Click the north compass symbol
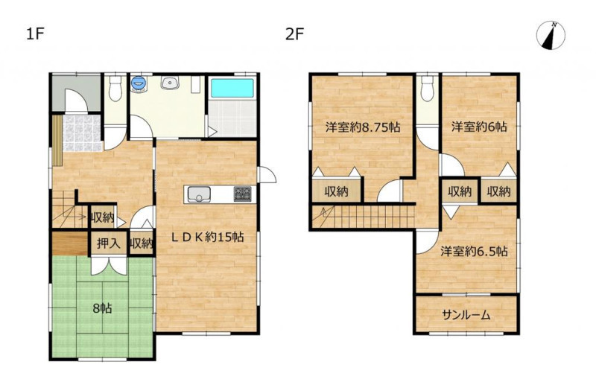[x=551, y=36]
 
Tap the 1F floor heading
[x=35, y=34]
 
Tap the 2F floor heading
[x=294, y=34]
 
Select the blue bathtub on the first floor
[x=232, y=88]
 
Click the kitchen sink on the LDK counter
[x=197, y=194]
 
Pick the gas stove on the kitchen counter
[x=243, y=194]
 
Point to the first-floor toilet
[x=115, y=88]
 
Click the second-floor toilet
[x=428, y=88]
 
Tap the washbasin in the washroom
[x=170, y=83]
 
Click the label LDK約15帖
[x=207, y=238]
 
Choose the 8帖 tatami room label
[x=102, y=308]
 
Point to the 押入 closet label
[x=108, y=243]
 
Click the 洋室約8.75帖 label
[x=363, y=127]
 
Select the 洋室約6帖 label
[x=479, y=127]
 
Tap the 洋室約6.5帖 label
[x=474, y=252]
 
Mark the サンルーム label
[x=466, y=315]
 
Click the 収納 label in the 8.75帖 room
[x=337, y=191]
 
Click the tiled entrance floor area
[x=82, y=133]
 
